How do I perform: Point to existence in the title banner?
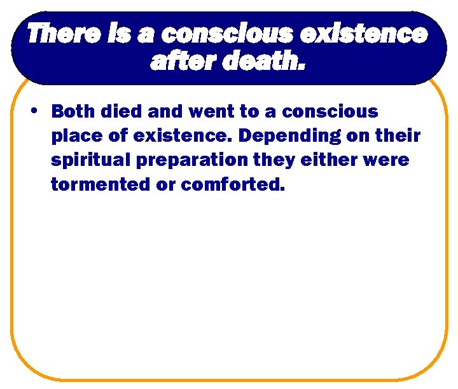click(364, 34)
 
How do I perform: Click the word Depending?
click(288, 136)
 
